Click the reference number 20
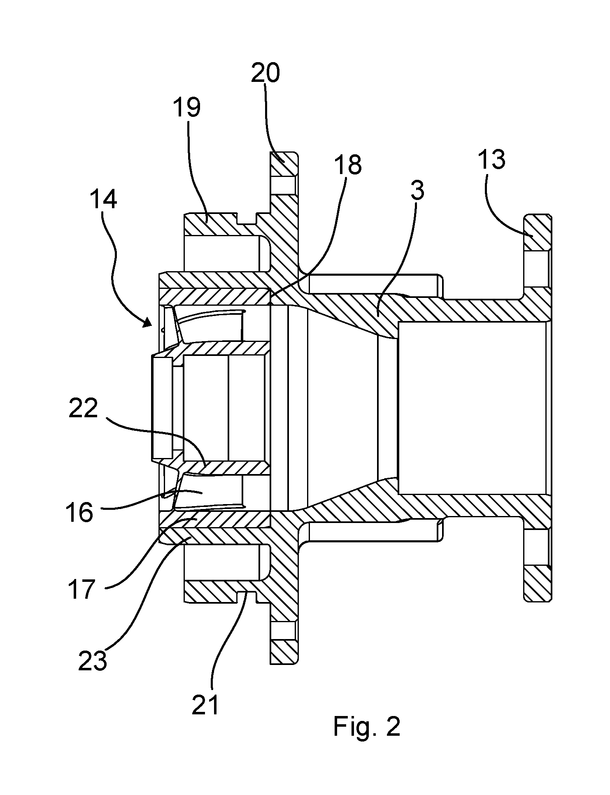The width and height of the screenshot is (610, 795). (265, 73)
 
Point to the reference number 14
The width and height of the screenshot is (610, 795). (103, 199)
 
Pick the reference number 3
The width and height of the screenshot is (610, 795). (417, 191)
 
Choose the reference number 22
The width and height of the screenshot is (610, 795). (83, 409)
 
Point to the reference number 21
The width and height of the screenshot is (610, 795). (206, 705)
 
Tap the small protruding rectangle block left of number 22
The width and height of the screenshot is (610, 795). (162, 408)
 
